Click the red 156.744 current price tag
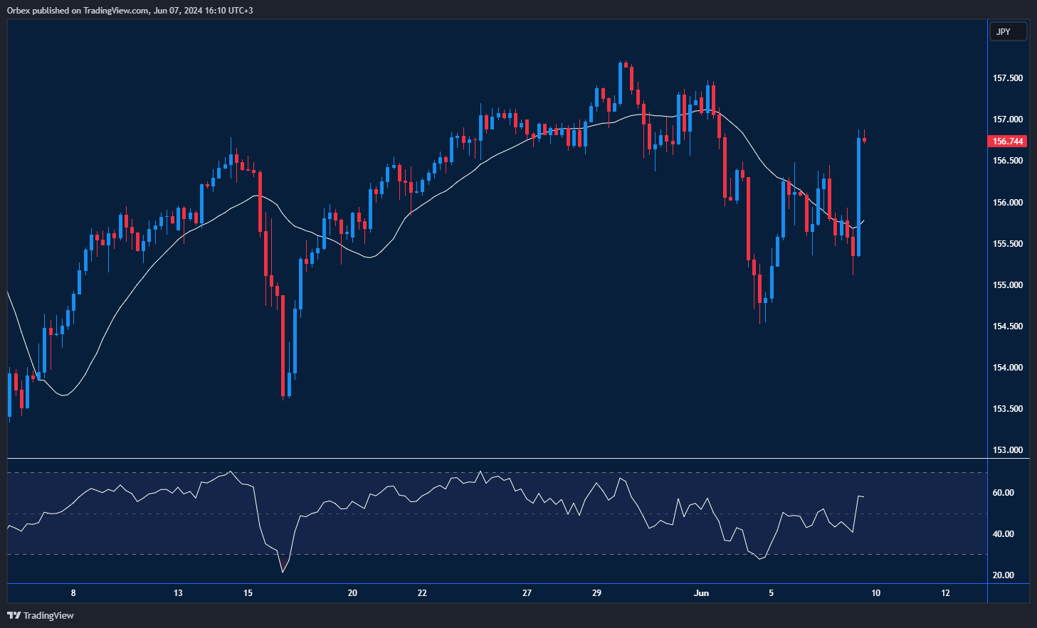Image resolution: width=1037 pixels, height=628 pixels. [x=1008, y=142]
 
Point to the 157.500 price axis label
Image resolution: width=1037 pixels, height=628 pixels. [x=1008, y=78]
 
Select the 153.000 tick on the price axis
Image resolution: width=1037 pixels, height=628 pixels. [x=1008, y=450]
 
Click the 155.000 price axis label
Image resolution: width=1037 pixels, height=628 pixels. [x=1008, y=285]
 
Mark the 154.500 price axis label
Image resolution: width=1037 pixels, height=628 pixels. [x=1008, y=326]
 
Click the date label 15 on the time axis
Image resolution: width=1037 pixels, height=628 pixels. [x=248, y=593]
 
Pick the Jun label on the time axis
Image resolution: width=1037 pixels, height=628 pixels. [x=701, y=593]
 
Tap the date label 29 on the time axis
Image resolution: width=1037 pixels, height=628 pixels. [x=596, y=593]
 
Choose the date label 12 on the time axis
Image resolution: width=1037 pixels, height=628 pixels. [x=945, y=593]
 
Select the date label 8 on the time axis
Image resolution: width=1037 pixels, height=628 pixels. [x=73, y=593]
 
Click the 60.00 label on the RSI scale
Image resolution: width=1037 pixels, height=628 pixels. [x=1004, y=493]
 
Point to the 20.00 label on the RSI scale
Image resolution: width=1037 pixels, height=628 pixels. [x=1004, y=575]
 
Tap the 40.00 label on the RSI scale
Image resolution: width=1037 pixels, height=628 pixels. [x=1004, y=534]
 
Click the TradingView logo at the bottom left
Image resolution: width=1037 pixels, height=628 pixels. [x=41, y=615]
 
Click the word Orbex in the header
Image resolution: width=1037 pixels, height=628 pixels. [x=18, y=11]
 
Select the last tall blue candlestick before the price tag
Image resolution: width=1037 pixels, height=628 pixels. [x=859, y=196]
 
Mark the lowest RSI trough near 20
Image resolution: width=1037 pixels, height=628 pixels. [x=283, y=571]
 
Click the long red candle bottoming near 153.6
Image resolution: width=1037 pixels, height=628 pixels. [x=283, y=345]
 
